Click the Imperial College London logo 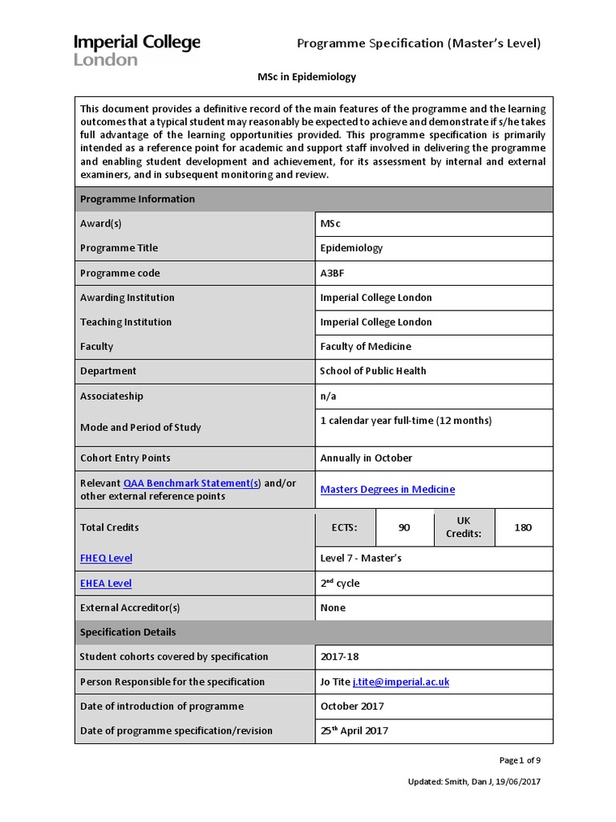136,50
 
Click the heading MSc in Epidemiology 306,78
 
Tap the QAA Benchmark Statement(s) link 192,483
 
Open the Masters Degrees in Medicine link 387,490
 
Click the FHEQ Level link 106,559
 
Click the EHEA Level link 106,584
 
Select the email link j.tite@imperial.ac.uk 400,682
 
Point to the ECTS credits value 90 404,527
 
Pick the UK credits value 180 523,527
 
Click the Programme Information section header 137,199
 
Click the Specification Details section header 128,633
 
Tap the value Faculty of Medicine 366,347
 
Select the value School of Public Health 373,371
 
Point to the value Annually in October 366,458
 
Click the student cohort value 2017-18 340,657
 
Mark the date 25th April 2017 354,730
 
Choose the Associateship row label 111,397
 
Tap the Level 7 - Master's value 361,559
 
